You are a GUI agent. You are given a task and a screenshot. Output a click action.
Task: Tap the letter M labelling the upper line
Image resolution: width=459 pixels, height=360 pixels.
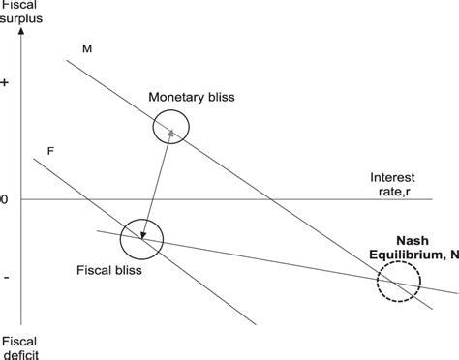click(x=87, y=47)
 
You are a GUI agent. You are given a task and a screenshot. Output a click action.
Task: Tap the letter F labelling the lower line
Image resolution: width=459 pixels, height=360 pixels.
click(x=49, y=151)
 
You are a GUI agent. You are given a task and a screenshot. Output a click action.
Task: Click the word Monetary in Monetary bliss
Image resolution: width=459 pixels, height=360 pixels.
click(x=173, y=98)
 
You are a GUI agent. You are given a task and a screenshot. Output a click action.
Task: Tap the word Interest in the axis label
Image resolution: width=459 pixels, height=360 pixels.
click(x=393, y=178)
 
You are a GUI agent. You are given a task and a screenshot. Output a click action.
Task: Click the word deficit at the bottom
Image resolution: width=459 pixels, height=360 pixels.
click(x=21, y=354)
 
